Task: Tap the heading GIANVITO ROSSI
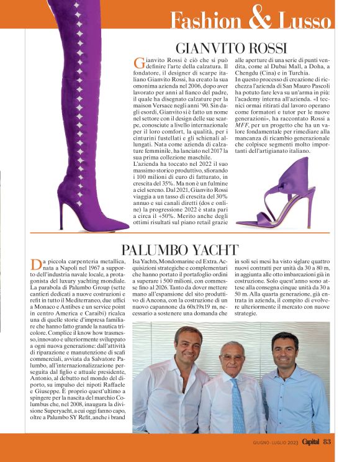[x=231, y=48]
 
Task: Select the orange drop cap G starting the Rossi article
[x=139, y=63]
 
